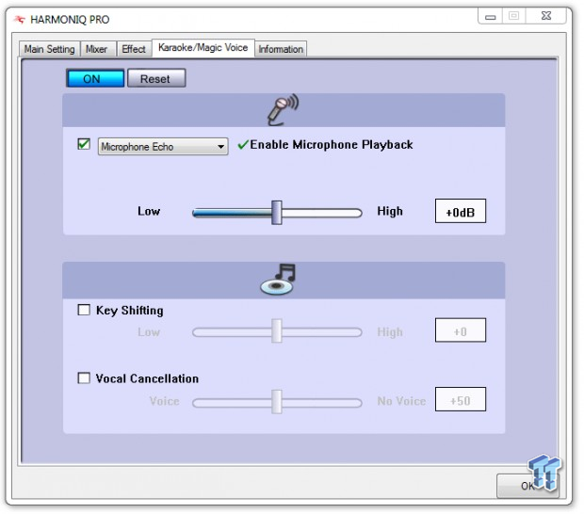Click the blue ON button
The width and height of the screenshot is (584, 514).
coord(95,78)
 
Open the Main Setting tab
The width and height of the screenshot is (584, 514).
coord(50,49)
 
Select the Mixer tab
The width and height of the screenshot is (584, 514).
coord(97,49)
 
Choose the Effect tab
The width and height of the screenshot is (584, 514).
coord(134,49)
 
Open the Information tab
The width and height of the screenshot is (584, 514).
coord(281,49)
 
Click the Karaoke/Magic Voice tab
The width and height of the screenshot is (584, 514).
coord(203,48)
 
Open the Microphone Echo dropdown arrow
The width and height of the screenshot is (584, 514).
coord(220,147)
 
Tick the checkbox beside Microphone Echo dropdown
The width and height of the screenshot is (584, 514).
coord(84,144)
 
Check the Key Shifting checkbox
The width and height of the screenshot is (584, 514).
coord(84,310)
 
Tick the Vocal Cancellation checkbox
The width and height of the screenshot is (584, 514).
coord(84,377)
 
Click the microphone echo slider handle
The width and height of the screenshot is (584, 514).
coord(277,213)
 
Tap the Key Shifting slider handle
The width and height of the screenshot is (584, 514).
coord(277,330)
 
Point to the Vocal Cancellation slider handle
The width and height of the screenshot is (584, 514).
coord(277,402)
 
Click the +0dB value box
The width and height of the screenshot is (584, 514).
coord(461,211)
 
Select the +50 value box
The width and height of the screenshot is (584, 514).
coord(461,399)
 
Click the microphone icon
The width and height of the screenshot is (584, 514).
coord(283,109)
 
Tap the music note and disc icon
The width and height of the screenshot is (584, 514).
coord(278,280)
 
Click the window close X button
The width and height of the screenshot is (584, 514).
coord(546,16)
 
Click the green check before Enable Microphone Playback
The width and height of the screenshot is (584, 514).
coord(243,144)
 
